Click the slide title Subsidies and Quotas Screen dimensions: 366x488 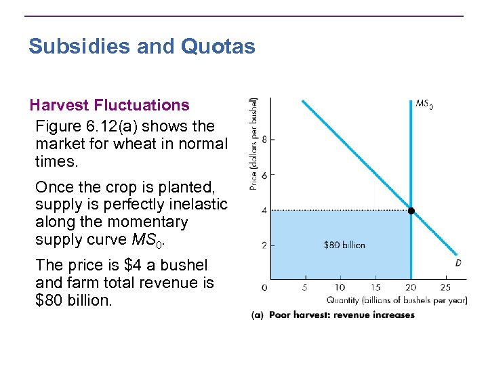pos(142,47)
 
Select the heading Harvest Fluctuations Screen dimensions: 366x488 pos(109,105)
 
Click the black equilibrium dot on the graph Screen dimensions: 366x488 pos(411,211)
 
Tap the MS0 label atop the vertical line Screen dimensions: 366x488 pos(424,104)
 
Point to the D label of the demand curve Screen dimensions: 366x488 pos(458,262)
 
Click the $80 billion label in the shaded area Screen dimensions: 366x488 pos(344,245)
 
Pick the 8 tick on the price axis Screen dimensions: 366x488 pos(264,140)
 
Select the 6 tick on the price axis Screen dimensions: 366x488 pos(264,175)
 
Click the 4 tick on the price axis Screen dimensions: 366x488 pos(264,210)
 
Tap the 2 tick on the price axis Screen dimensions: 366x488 pos(264,245)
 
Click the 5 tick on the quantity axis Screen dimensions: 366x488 pos(306,287)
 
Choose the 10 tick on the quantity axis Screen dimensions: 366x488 pos(340,287)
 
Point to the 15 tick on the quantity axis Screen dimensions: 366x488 pos(375,287)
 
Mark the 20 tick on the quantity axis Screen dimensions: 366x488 pos(411,287)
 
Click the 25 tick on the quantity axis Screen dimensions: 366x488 pos(445,287)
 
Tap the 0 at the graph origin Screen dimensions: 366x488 pos(264,287)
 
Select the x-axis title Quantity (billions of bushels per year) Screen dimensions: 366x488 pos(396,300)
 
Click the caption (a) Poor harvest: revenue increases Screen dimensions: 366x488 pos(332,315)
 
